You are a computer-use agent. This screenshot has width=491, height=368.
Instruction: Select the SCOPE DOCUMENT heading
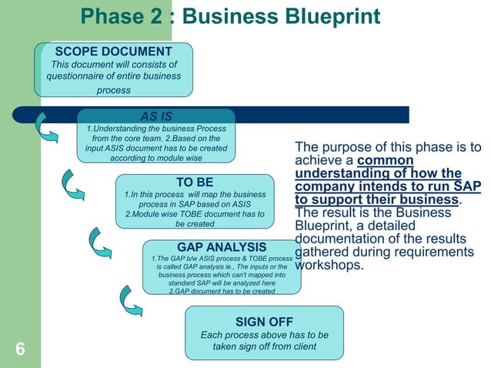[112, 51]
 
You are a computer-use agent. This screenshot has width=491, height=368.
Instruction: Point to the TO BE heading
[194, 182]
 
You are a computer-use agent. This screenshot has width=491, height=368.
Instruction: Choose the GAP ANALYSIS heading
[222, 246]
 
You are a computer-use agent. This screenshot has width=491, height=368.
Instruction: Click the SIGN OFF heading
[264, 321]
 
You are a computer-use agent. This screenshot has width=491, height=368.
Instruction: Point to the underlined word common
[386, 161]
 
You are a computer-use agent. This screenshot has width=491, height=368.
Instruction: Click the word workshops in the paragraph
[328, 266]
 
